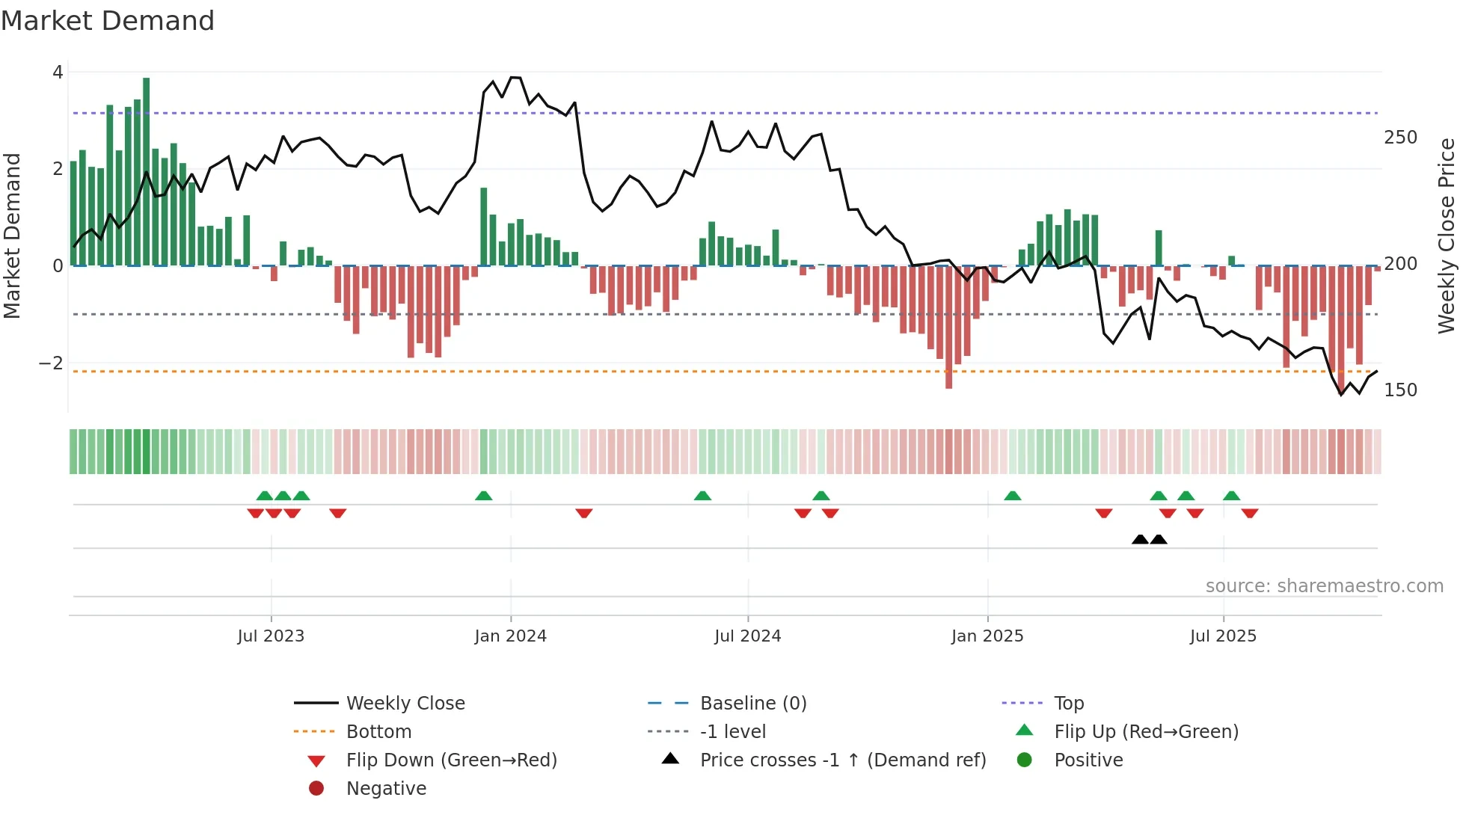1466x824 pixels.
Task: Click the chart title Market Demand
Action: [x=108, y=21]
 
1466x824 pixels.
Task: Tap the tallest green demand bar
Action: [x=146, y=172]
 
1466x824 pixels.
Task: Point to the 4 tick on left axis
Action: [x=58, y=73]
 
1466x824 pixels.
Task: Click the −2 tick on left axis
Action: [x=52, y=363]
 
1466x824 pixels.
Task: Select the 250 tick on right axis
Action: [x=1400, y=138]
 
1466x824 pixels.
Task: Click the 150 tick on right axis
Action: [x=1400, y=390]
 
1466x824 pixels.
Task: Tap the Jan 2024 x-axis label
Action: [x=510, y=636]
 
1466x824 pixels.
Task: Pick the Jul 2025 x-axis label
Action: [x=1223, y=636]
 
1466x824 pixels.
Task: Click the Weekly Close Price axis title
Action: [x=1447, y=236]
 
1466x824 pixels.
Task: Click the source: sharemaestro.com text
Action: [x=1324, y=586]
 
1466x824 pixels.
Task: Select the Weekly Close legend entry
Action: [x=405, y=704]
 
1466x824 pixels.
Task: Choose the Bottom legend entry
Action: [x=378, y=732]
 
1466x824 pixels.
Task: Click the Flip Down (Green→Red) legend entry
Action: [x=451, y=760]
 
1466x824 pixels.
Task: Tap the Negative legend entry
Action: [x=386, y=789]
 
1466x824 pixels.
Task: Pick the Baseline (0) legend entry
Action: [x=752, y=704]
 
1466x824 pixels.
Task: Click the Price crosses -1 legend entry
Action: [x=842, y=760]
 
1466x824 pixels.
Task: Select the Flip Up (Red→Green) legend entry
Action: [x=1146, y=732]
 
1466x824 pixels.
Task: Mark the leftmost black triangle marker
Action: [x=1140, y=539]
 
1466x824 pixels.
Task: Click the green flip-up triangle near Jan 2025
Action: [x=1012, y=496]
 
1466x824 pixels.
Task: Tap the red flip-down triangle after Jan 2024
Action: [x=584, y=513]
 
